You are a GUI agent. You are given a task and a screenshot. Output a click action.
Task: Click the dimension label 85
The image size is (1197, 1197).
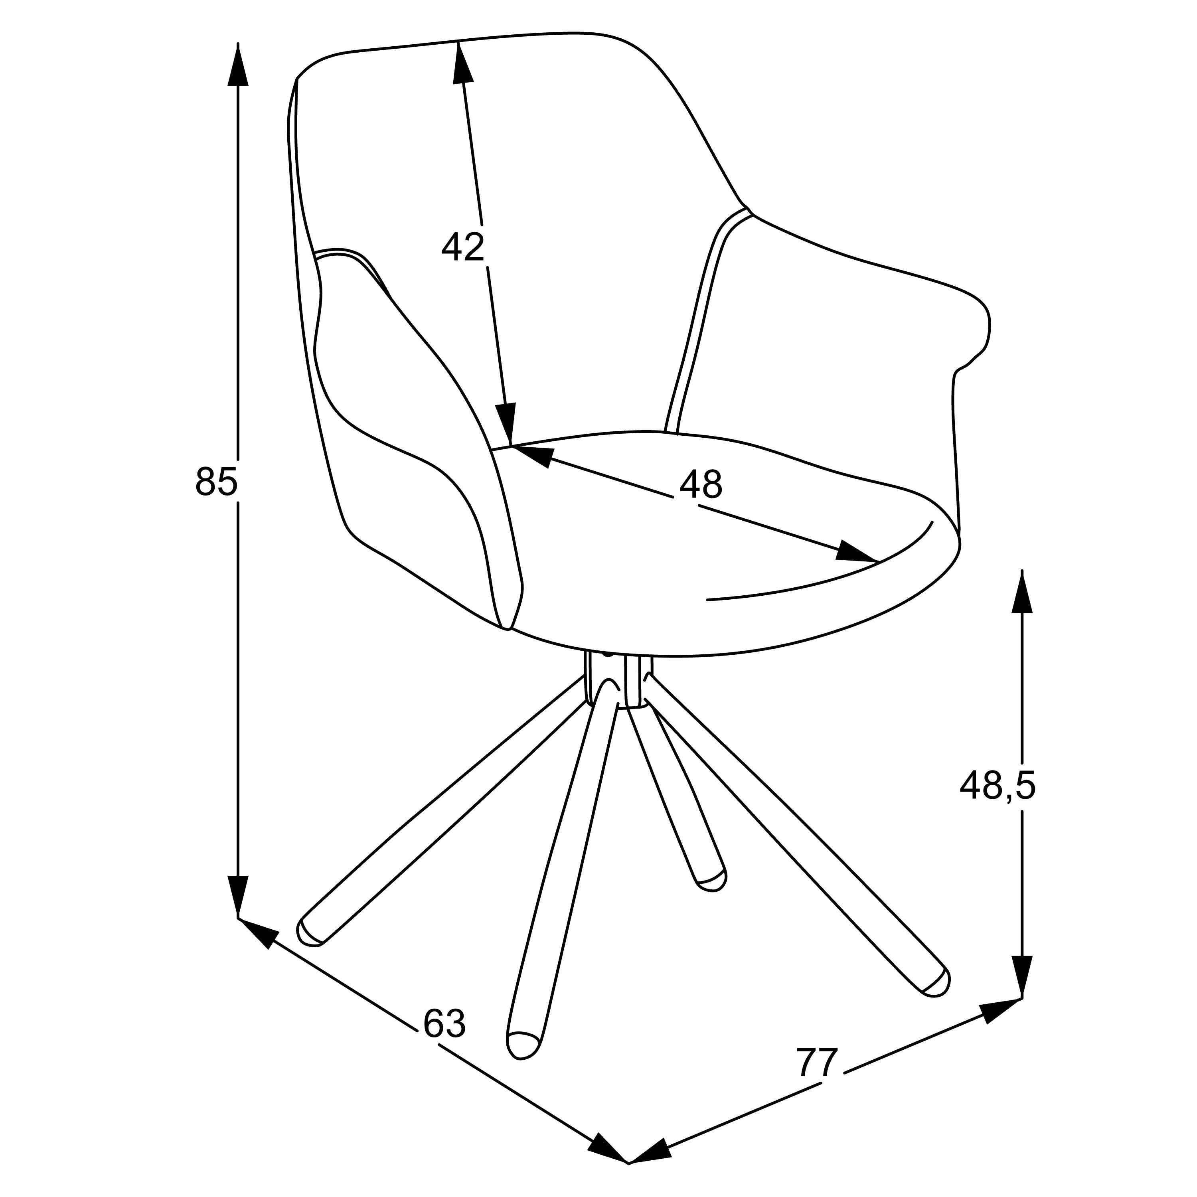click(x=216, y=482)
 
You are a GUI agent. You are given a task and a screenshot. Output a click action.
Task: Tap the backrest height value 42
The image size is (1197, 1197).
click(x=463, y=247)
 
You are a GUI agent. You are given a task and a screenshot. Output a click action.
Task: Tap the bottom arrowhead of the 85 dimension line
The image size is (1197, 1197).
click(x=238, y=898)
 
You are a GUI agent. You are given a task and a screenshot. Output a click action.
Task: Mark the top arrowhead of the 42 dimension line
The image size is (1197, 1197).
click(x=462, y=62)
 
